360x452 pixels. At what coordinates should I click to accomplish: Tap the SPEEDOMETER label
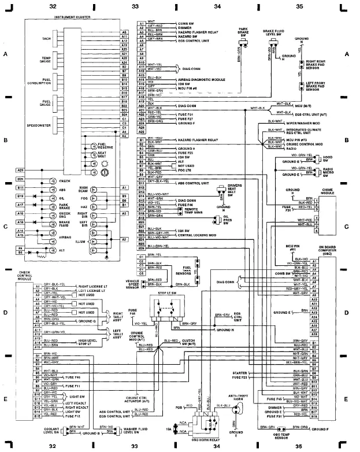39,125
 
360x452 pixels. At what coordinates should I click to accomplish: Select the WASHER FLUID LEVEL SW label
134,431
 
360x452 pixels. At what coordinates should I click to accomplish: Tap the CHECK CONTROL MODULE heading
25,275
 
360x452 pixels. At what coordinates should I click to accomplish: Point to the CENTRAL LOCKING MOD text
194,236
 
